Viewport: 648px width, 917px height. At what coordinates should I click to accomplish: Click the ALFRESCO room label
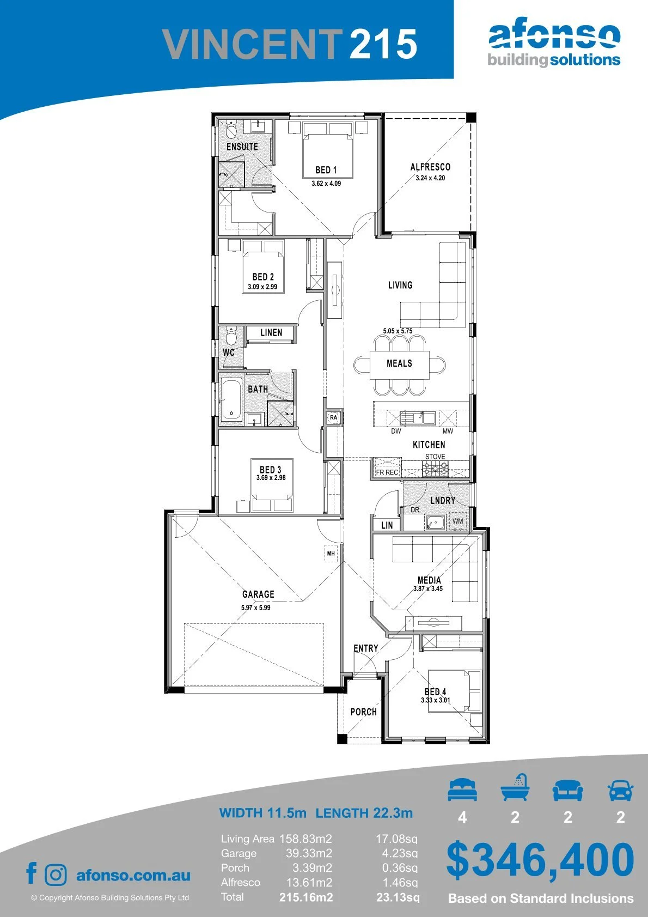[430, 167]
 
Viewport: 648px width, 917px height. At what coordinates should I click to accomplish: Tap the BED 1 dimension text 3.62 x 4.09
[326, 184]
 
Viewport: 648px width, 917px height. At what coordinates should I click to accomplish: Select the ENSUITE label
[242, 147]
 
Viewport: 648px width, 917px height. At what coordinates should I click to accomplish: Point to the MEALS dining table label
[399, 363]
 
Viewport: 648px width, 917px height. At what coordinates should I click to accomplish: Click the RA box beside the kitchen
[334, 417]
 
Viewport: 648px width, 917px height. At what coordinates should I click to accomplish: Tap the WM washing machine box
[458, 521]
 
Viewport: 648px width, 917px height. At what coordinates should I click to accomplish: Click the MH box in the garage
[331, 554]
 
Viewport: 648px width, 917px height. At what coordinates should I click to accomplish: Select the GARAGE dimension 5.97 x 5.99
[256, 608]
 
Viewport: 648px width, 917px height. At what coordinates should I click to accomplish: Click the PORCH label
[364, 712]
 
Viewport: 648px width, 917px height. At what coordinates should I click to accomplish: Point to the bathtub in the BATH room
[231, 400]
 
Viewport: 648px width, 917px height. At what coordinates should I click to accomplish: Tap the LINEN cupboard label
[271, 332]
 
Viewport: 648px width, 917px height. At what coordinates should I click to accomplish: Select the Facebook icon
[32, 873]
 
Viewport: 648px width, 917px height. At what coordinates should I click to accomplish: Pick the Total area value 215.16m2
[306, 897]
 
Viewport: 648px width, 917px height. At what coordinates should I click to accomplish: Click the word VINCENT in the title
[252, 44]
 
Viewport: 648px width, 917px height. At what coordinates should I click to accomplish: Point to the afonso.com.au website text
[133, 876]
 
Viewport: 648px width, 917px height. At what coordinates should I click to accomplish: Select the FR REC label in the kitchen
[387, 472]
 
